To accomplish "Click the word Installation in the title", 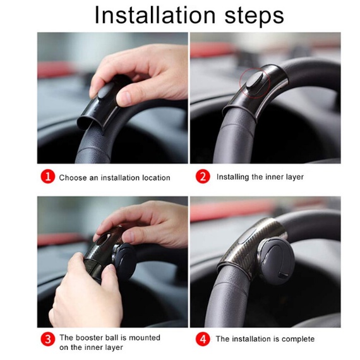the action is coord(155,15).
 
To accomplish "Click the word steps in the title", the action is coord(254,16).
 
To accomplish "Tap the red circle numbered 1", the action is coord(48,177).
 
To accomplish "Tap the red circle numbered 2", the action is coord(203,177).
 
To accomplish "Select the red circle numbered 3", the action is coord(48,339).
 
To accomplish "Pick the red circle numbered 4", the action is coord(203,339).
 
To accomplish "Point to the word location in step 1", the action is coord(156,177).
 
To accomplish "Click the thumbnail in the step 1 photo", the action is coord(125,97).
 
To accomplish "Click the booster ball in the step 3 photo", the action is coord(124,261).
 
